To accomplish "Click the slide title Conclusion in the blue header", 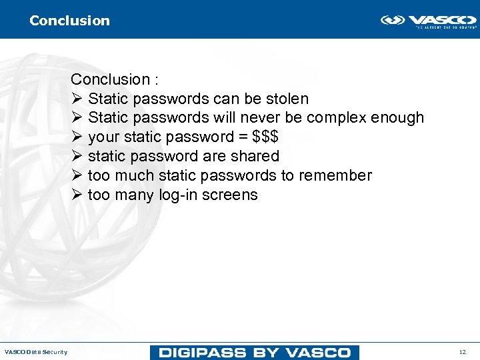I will [x=69, y=21].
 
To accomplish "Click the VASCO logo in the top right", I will [x=428, y=21].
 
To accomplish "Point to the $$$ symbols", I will [x=265, y=137].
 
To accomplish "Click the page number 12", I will [x=463, y=352].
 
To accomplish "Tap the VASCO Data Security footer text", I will [x=36, y=352].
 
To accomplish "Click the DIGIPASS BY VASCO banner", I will [x=255, y=352].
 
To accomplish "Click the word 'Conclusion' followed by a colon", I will [x=110, y=79].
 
